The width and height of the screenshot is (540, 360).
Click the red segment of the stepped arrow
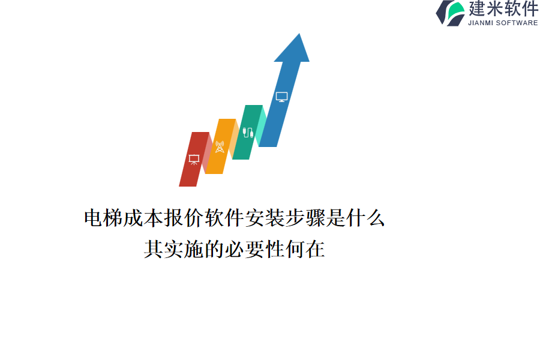(x=194, y=159)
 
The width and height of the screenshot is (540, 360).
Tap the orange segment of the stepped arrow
(x=220, y=146)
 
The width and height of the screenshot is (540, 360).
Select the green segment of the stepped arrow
(x=247, y=132)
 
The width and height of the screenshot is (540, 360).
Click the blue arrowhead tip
(x=299, y=34)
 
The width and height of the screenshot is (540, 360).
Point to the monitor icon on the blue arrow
(x=282, y=97)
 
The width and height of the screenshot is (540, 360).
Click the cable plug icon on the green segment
(x=248, y=132)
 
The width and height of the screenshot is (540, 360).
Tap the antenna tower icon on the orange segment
(x=220, y=146)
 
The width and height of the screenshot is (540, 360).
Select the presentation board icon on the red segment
(x=194, y=160)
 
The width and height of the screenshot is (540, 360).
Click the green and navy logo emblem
(x=451, y=13)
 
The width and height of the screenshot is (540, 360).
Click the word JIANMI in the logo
(x=480, y=23)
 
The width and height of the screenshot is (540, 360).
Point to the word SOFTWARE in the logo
(x=517, y=23)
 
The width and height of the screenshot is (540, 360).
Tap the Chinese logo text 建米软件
(x=503, y=8)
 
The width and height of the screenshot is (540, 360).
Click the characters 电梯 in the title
(x=104, y=218)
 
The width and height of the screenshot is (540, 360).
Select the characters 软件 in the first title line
(x=225, y=218)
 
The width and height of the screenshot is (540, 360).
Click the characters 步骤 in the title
(x=305, y=218)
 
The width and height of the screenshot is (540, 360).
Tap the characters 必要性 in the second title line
(x=254, y=249)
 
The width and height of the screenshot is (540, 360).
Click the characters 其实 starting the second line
(x=164, y=249)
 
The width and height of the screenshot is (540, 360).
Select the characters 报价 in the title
(x=185, y=218)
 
